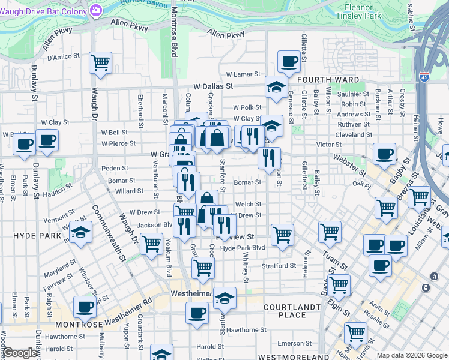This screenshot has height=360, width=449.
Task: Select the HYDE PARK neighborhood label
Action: (34, 236)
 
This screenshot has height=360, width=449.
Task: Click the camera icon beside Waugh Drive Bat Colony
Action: (96, 11)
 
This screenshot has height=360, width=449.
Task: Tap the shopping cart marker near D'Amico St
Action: (100, 62)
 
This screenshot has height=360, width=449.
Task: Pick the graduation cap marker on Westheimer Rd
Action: (224, 297)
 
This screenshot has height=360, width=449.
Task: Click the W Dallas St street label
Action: (213, 86)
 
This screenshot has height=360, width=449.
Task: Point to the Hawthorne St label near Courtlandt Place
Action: (246, 330)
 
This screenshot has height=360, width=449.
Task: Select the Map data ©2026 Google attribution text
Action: (412, 355)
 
